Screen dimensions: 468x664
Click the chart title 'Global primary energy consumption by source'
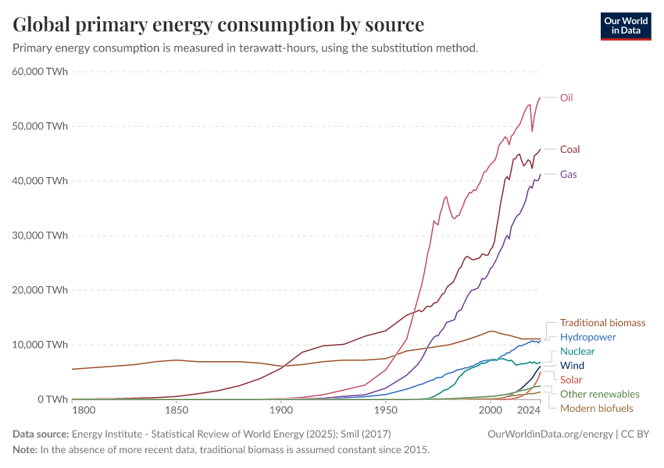[x=219, y=25]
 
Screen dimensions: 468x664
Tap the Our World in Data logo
[x=625, y=26]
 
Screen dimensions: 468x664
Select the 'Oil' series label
[x=566, y=98]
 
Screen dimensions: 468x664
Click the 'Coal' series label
[x=569, y=149]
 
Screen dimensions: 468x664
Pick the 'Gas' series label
[x=568, y=174]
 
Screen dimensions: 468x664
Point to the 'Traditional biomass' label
[x=602, y=323]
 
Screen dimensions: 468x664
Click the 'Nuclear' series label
[x=577, y=352]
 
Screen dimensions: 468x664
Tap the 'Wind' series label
[x=572, y=366]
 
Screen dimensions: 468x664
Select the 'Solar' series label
[x=571, y=380]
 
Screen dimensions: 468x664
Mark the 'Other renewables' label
[x=599, y=394]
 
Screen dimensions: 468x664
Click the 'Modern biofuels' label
[x=597, y=408]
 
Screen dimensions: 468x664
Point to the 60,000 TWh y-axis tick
[x=39, y=72]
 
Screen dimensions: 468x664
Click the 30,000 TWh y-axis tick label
[x=39, y=236]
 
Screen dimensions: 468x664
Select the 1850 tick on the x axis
[x=177, y=410]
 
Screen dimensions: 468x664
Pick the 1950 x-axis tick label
[x=385, y=410]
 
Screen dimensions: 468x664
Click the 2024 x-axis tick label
[x=529, y=410]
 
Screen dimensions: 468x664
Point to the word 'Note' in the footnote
[x=24, y=450]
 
